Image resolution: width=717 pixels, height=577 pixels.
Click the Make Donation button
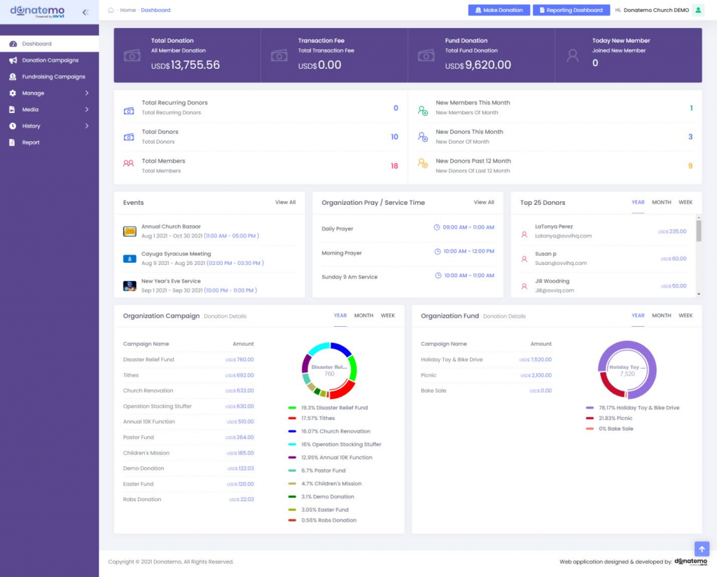(x=499, y=10)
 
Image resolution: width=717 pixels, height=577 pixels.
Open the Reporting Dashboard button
(x=571, y=10)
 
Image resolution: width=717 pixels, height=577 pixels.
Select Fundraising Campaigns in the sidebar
(x=53, y=76)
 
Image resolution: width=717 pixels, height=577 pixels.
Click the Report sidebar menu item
(x=30, y=142)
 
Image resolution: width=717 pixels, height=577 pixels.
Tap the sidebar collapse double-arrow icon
(x=85, y=12)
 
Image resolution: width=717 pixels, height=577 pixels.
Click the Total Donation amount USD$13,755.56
(x=186, y=65)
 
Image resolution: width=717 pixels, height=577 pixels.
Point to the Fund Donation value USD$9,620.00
(x=478, y=65)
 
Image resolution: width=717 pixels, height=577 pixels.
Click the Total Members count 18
(x=394, y=166)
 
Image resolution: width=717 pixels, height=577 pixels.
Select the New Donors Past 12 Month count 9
(x=690, y=166)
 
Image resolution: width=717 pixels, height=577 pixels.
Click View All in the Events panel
(x=285, y=203)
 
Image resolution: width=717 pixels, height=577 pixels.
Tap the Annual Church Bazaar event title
(x=171, y=226)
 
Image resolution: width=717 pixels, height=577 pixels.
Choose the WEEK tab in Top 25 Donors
(x=685, y=203)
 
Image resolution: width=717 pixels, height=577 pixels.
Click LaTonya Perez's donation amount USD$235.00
(x=672, y=231)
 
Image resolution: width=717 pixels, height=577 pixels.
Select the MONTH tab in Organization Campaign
(x=363, y=315)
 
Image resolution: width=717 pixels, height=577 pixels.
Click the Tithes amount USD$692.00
(x=239, y=375)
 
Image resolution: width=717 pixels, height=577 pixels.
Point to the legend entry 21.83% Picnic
(x=615, y=418)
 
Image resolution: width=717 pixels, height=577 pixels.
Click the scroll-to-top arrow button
(x=702, y=548)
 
